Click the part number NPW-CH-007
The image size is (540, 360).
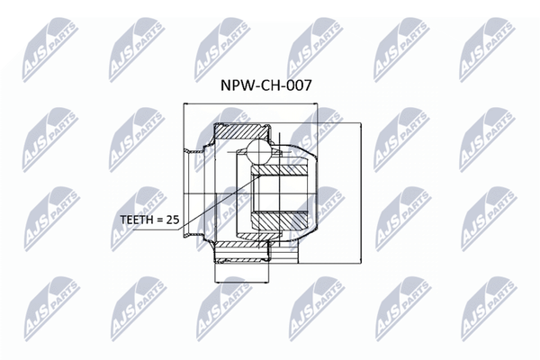point(265,85)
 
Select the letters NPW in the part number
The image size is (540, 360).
point(236,85)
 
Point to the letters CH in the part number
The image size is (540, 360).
point(268,85)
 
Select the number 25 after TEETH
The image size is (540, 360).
point(173,220)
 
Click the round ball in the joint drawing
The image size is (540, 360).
point(256,151)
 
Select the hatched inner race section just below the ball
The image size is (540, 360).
point(279,169)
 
